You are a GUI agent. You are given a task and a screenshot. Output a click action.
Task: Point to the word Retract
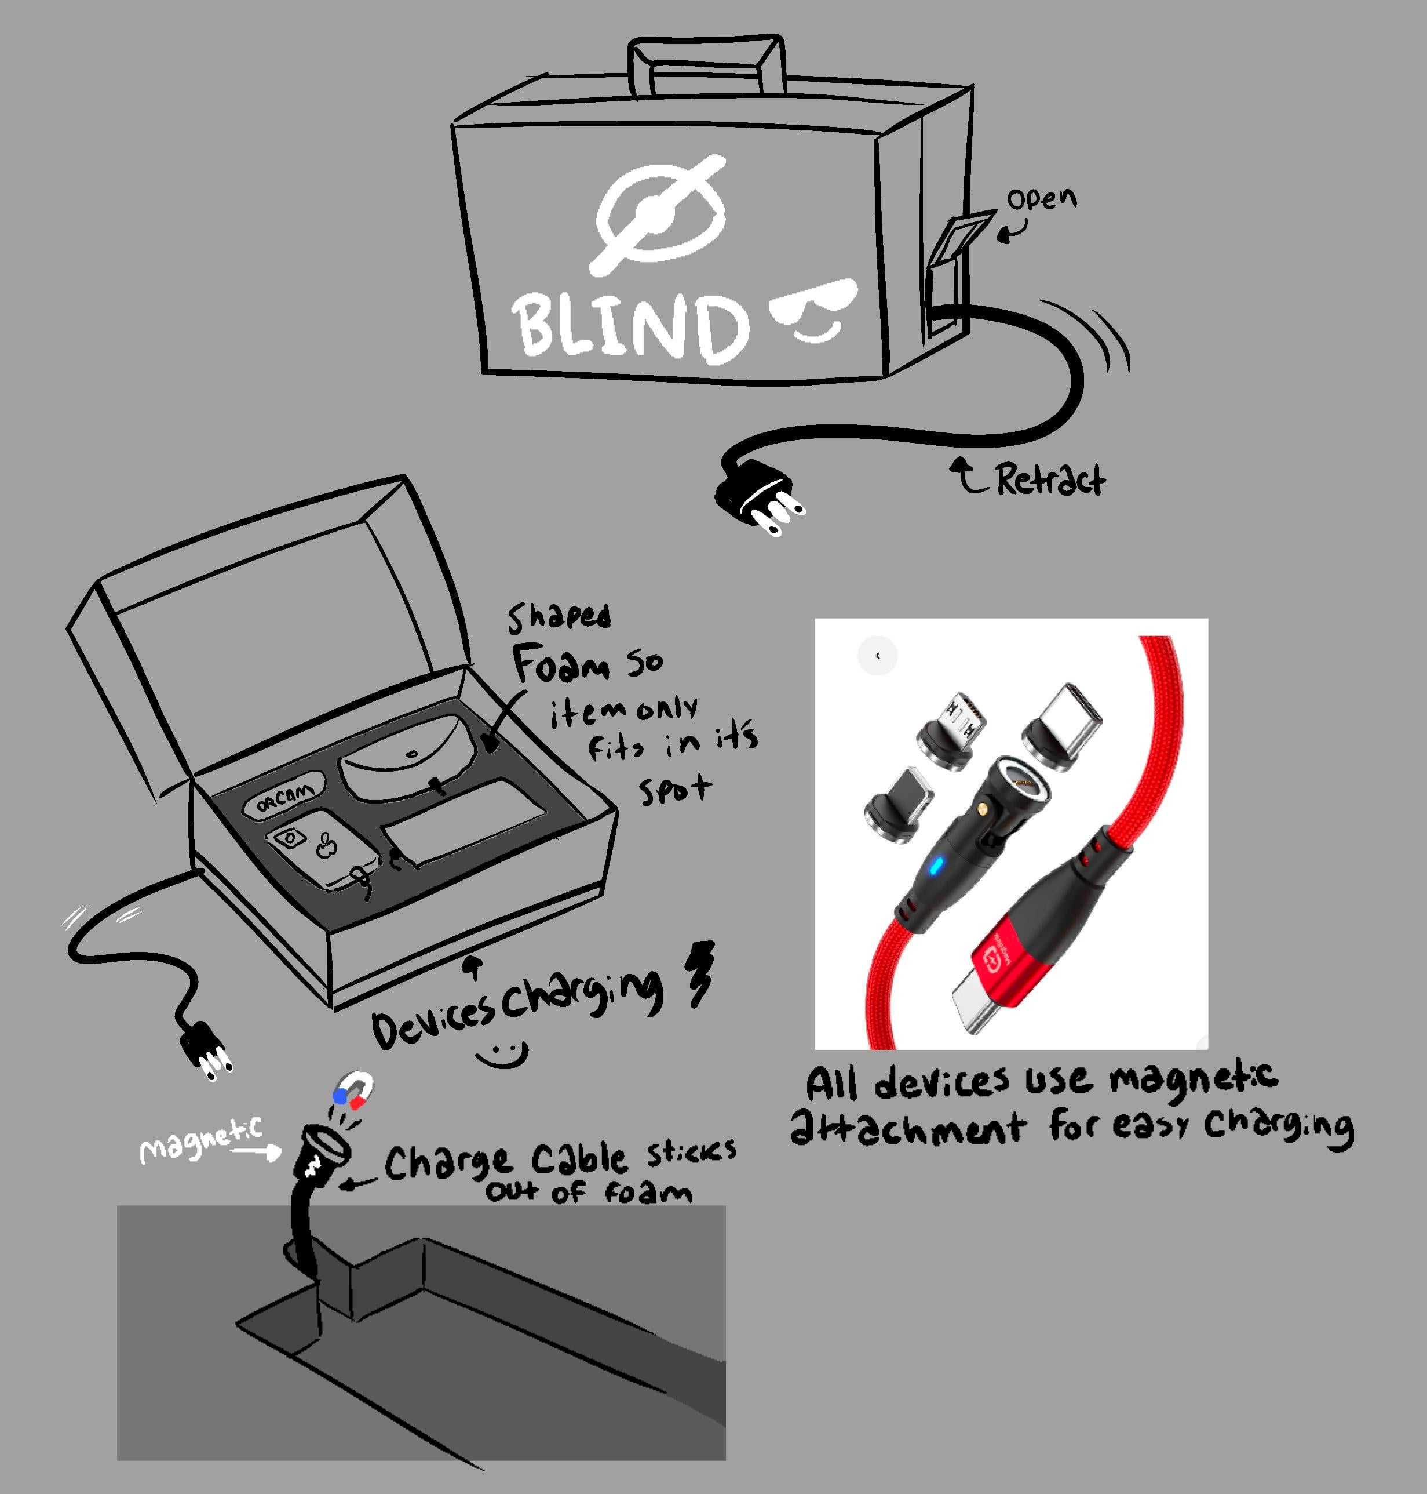pyautogui.click(x=1050, y=479)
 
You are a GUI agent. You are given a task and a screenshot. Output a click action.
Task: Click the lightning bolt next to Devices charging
pyautogui.click(x=701, y=974)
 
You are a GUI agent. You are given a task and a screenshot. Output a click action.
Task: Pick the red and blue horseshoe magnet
pyautogui.click(x=353, y=1090)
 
